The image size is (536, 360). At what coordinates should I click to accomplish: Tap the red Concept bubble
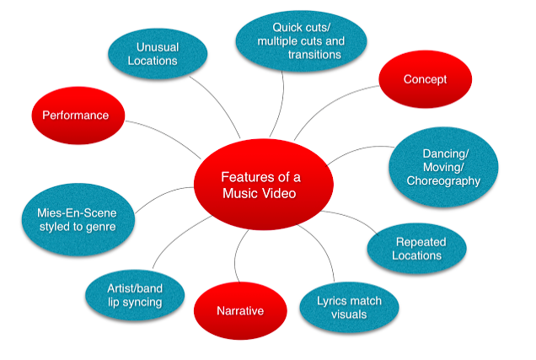pyautogui.click(x=424, y=79)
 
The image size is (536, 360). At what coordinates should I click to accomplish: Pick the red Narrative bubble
pyautogui.click(x=240, y=311)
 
